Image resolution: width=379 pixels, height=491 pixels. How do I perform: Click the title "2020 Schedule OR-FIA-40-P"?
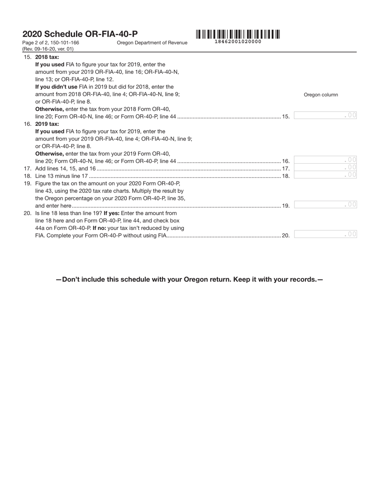(x=80, y=34)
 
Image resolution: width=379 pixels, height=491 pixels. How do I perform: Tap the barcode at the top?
(x=238, y=34)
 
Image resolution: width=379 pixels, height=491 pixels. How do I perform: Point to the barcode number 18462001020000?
(x=238, y=42)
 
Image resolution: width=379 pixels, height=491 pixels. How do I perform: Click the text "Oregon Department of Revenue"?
(x=152, y=43)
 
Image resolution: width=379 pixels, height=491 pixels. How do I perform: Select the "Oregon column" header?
(x=321, y=95)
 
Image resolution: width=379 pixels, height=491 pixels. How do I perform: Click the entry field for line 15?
(x=325, y=115)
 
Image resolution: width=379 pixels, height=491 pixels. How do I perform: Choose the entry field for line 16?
(x=325, y=160)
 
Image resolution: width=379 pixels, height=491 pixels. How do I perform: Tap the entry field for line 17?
(x=325, y=168)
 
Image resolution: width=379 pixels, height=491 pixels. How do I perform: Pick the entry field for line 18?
(x=325, y=175)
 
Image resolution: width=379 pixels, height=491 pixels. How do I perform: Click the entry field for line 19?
(x=325, y=205)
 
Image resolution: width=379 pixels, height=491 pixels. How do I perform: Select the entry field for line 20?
(x=325, y=234)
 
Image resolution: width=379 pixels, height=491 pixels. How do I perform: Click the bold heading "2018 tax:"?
(x=47, y=57)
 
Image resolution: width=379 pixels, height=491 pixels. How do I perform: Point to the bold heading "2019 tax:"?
(x=47, y=124)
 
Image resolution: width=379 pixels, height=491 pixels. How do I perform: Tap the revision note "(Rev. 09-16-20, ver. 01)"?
(x=48, y=49)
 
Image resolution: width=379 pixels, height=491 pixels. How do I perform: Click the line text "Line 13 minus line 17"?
(x=61, y=176)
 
